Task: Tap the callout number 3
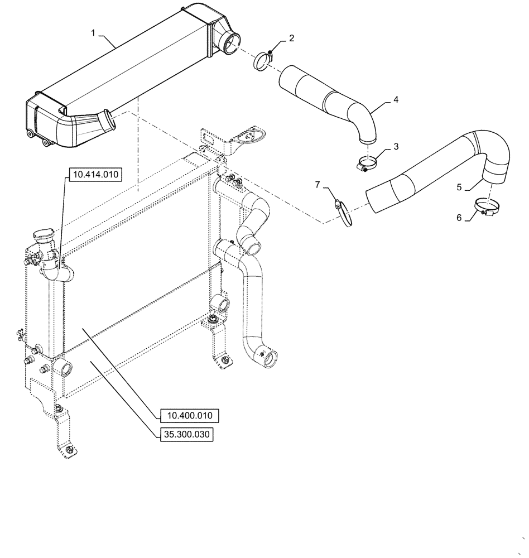[396, 146]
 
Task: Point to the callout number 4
[395, 99]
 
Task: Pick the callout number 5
[459, 187]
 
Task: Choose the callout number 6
[459, 218]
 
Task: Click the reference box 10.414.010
[94, 175]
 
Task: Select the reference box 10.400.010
[189, 416]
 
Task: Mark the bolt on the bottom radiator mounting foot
[68, 450]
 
